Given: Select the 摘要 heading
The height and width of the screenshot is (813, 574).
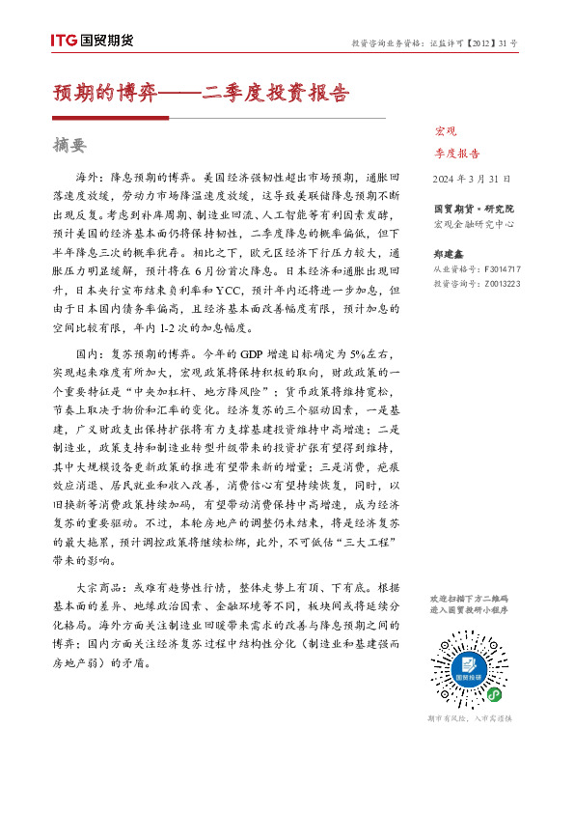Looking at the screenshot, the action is coord(69,146).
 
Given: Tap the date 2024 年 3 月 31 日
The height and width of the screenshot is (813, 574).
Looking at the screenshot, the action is coord(465,179).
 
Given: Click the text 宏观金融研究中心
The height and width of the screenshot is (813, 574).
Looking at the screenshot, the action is coord(474,224).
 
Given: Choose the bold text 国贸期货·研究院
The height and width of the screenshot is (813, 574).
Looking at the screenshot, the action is coord(474,209).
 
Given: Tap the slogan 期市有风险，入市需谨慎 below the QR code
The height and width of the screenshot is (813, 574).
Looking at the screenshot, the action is coord(469,718).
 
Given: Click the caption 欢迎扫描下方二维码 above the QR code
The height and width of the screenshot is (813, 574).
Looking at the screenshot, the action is coord(469,600).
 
